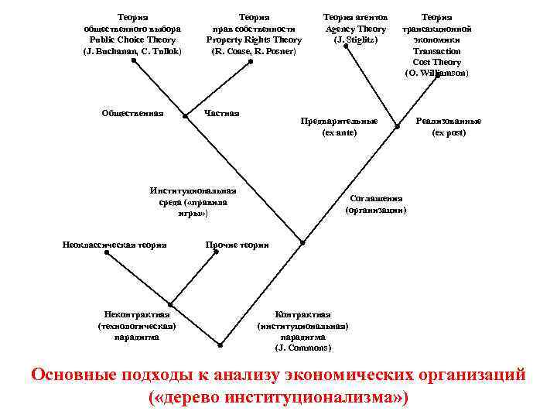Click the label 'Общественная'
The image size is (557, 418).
click(x=132, y=114)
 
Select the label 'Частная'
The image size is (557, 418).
click(x=221, y=114)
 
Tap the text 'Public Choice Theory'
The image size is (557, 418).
click(x=132, y=39)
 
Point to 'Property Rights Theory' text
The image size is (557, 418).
click(x=254, y=39)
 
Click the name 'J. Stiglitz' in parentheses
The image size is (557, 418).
click(x=355, y=39)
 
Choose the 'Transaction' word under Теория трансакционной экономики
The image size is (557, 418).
click(x=437, y=51)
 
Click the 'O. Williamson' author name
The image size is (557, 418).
click(x=437, y=73)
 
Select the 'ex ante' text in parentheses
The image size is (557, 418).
click(x=339, y=133)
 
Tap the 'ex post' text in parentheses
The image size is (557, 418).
click(x=449, y=133)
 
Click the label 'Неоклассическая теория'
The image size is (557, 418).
click(x=114, y=245)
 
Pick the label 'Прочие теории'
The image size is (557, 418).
click(x=237, y=245)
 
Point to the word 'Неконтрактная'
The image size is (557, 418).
click(x=137, y=314)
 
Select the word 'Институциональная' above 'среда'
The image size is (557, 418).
click(x=193, y=190)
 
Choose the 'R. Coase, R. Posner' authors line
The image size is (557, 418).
click(x=254, y=51)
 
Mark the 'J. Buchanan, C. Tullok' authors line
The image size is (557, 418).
click(x=132, y=51)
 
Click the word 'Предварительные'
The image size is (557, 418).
click(x=339, y=122)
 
